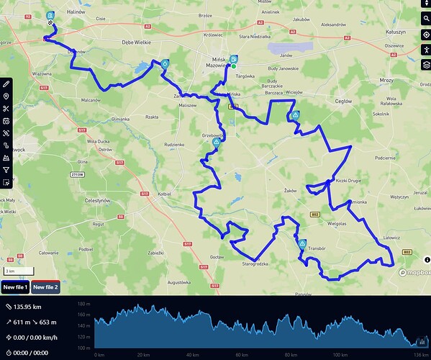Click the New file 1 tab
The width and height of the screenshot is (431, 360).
[x=16, y=287]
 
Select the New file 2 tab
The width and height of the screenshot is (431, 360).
[x=45, y=287]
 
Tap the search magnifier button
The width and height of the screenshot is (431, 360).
[x=425, y=19]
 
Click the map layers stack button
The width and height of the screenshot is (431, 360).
[x=425, y=64]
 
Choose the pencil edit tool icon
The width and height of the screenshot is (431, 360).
[x=6, y=84]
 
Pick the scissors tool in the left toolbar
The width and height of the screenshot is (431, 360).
[x=6, y=109]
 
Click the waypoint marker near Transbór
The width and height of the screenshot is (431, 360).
[x=303, y=243]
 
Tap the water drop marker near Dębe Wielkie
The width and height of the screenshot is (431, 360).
[x=165, y=64]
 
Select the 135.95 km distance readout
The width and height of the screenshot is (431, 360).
[x=27, y=307]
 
